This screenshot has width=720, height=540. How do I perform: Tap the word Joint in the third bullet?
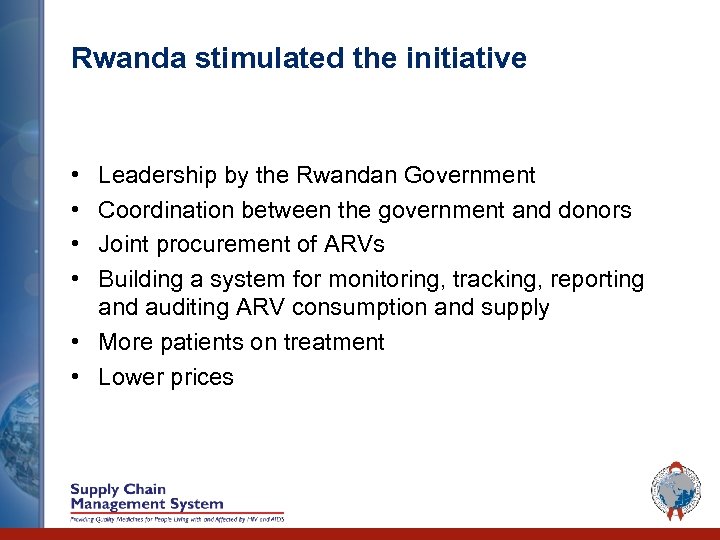pos(122,244)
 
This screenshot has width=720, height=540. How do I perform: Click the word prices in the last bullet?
pos(203,377)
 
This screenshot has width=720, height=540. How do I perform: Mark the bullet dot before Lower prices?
pos(77,377)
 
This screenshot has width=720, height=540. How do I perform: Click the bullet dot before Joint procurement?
pos(77,244)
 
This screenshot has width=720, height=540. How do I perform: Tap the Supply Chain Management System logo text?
pos(146,497)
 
